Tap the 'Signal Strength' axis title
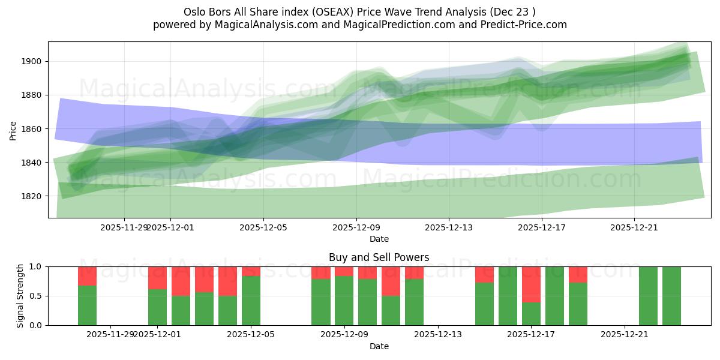20,296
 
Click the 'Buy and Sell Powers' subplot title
379,257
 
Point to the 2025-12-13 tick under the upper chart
449,227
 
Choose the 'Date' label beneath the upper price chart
379,239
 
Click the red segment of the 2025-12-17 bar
531,284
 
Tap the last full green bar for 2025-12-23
671,296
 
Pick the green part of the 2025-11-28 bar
87,305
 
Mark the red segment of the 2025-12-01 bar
157,278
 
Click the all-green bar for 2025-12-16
508,296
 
